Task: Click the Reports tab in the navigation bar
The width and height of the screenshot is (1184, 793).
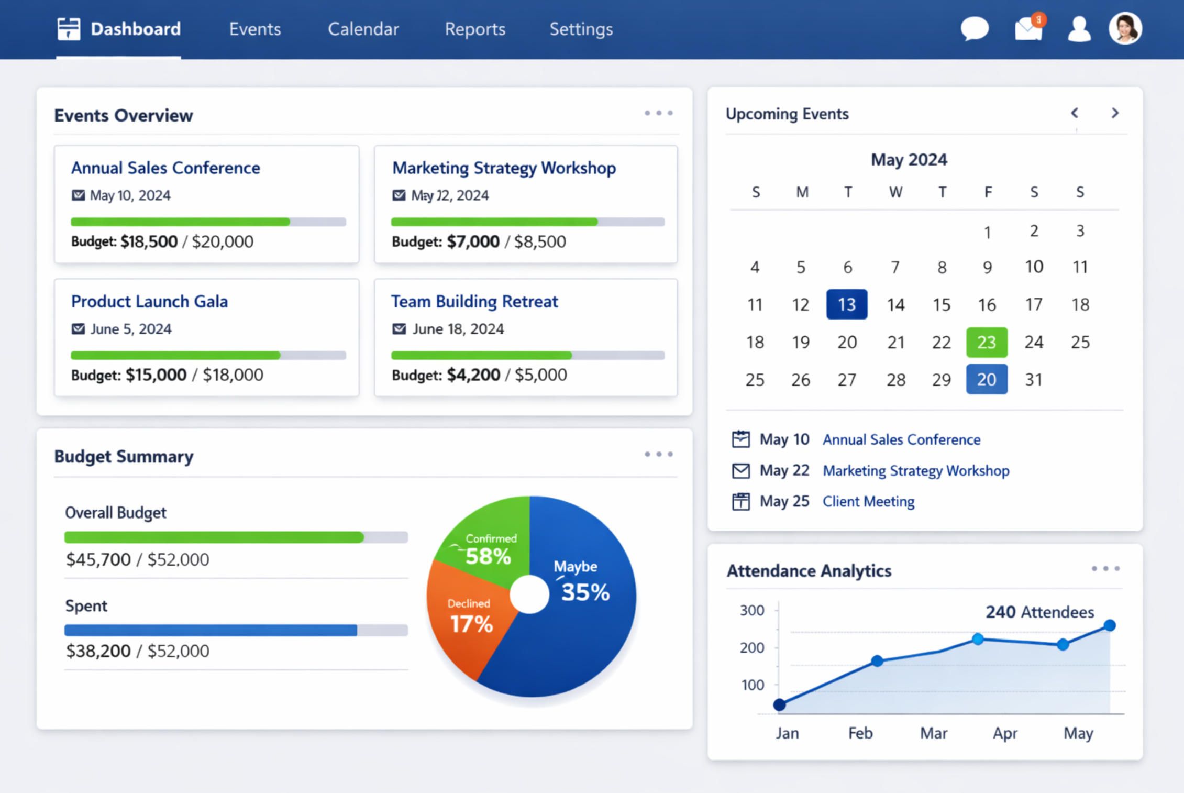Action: [475, 29]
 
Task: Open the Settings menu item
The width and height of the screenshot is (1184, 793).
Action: [581, 29]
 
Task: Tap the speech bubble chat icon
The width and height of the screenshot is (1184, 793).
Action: [975, 28]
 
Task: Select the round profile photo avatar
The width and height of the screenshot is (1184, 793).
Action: [1125, 28]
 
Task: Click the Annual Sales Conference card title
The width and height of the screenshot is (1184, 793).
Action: [165, 168]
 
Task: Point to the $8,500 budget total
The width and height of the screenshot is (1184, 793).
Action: [540, 241]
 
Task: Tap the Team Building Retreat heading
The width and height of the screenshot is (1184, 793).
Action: [474, 301]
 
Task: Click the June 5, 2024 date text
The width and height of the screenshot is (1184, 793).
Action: [131, 329]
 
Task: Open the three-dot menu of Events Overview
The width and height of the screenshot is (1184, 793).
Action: [658, 113]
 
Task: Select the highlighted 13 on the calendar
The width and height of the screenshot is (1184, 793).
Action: [847, 304]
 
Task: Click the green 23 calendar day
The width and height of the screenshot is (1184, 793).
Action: [987, 342]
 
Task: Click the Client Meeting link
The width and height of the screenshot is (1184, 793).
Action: [868, 501]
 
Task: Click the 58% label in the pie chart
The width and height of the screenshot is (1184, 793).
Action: [488, 556]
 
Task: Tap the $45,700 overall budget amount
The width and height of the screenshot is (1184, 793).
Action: [98, 559]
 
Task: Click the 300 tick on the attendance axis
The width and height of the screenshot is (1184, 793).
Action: [752, 610]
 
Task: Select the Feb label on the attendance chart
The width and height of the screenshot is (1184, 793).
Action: [860, 733]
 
